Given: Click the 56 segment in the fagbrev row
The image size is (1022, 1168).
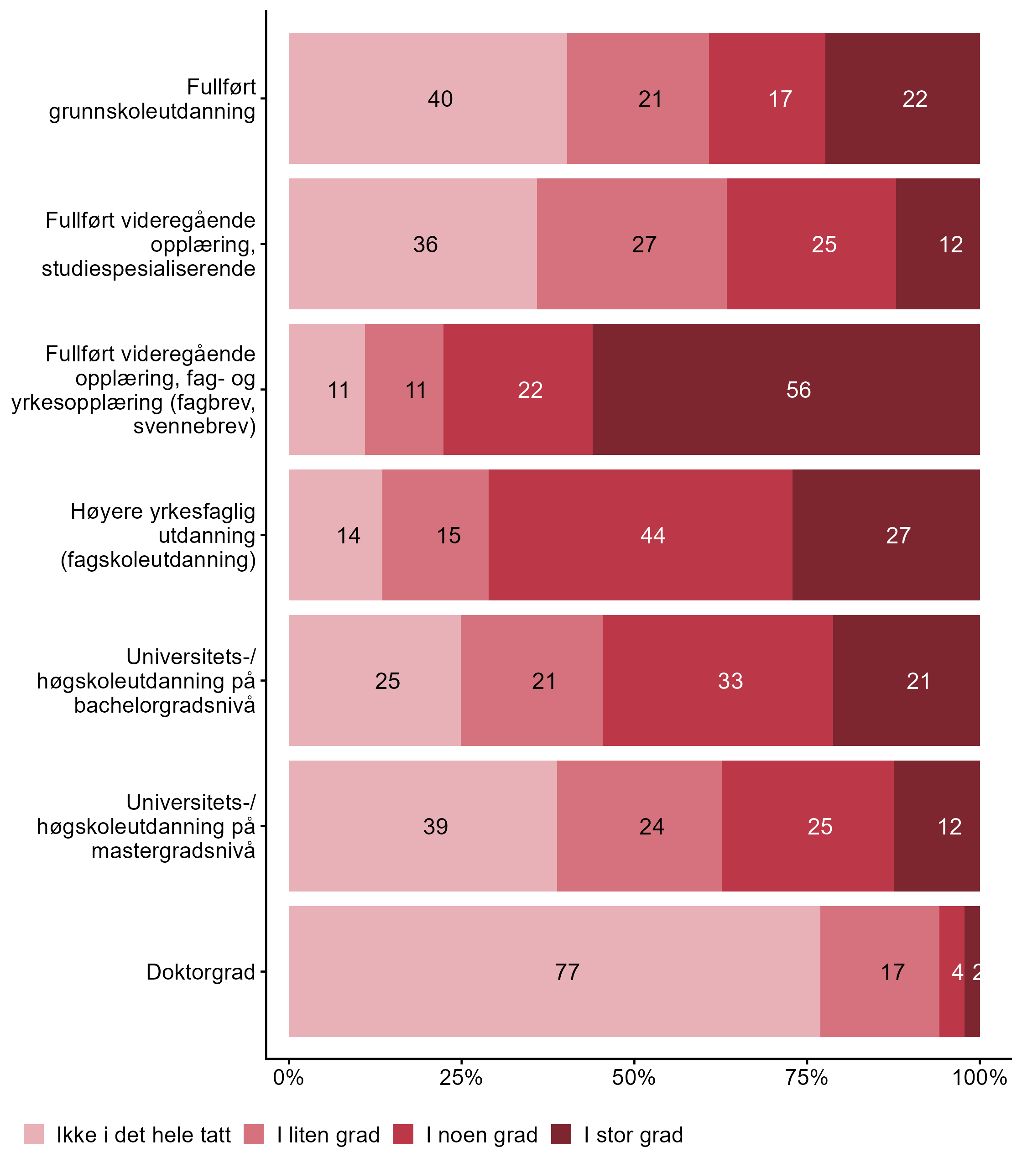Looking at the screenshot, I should [x=786, y=390].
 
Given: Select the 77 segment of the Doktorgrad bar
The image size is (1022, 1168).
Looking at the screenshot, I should [x=554, y=972].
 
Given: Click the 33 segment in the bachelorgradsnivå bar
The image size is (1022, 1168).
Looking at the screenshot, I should [x=717, y=680].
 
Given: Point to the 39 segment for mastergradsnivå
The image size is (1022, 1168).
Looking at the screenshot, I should [x=422, y=826].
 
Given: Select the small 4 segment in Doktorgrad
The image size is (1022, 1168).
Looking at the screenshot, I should [x=952, y=972].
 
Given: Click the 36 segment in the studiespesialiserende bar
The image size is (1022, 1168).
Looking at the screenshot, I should [x=412, y=244].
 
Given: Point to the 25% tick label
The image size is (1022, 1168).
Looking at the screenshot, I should [x=461, y=1078].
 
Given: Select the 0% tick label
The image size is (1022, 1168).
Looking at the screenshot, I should [x=288, y=1078].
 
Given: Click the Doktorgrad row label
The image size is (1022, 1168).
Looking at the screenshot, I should [x=201, y=972].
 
